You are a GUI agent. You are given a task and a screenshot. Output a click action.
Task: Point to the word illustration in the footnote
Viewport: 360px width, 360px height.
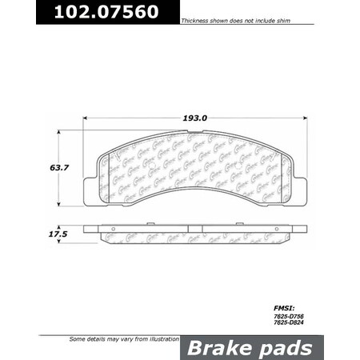click(158, 340)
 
